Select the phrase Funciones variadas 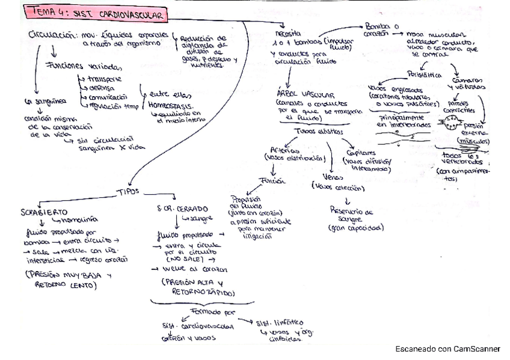87,66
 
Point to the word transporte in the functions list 105,78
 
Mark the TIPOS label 127,191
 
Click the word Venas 325,178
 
